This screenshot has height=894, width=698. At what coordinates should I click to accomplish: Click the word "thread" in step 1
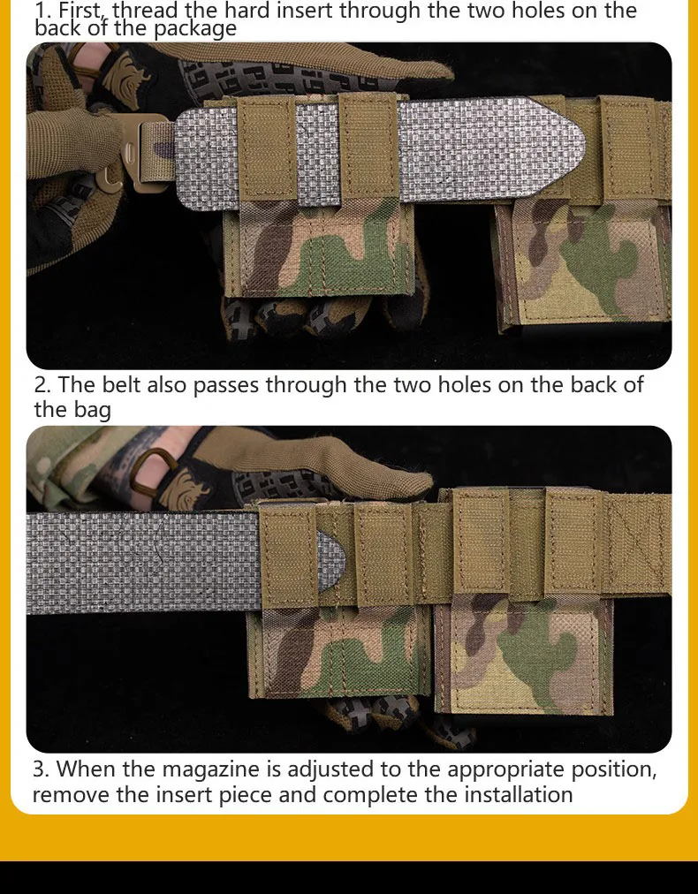tap(145, 10)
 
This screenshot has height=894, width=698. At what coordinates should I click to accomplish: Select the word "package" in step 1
tap(195, 28)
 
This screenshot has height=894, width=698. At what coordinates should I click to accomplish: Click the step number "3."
tap(42, 769)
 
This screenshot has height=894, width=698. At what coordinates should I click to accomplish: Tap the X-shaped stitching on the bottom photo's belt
tap(636, 544)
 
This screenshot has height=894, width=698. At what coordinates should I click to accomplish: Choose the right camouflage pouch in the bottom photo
tap(523, 655)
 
